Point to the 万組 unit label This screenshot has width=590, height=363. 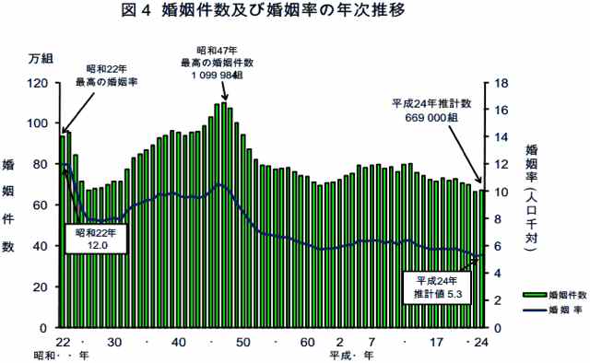(41, 60)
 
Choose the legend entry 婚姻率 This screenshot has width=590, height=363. (549, 310)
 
